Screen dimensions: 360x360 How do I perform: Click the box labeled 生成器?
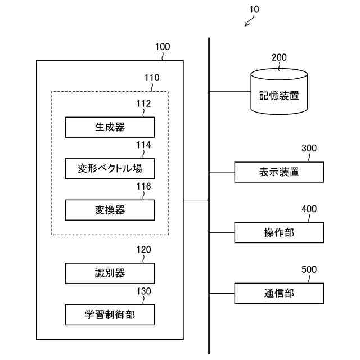pyautogui.click(x=110, y=127)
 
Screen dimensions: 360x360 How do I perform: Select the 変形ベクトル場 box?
pyautogui.click(x=110, y=168)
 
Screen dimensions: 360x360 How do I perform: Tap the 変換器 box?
pyautogui.click(x=110, y=210)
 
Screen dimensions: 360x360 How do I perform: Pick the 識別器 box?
pyautogui.click(x=110, y=273)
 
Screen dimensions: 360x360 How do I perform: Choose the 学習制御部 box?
pyautogui.click(x=110, y=315)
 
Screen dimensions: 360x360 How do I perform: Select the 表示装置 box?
pyautogui.click(x=279, y=172)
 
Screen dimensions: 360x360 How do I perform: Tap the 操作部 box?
pyautogui.click(x=279, y=232)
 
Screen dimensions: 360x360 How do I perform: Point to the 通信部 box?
pyautogui.click(x=279, y=293)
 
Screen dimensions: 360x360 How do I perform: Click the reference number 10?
pyautogui.click(x=254, y=10)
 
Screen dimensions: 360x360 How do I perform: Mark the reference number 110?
pyautogui.click(x=151, y=78)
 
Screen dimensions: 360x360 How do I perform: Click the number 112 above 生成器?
pyautogui.click(x=143, y=103)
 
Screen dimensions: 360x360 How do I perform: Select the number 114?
pyautogui.click(x=143, y=145)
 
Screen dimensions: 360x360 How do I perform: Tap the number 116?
pyautogui.click(x=143, y=186)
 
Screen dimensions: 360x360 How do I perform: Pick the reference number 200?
pyautogui.click(x=279, y=57)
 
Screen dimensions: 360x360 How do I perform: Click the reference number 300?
pyautogui.click(x=309, y=148)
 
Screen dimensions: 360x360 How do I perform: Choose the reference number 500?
pyautogui.click(x=309, y=270)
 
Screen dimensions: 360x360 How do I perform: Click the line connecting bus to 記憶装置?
pyautogui.click(x=230, y=91)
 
